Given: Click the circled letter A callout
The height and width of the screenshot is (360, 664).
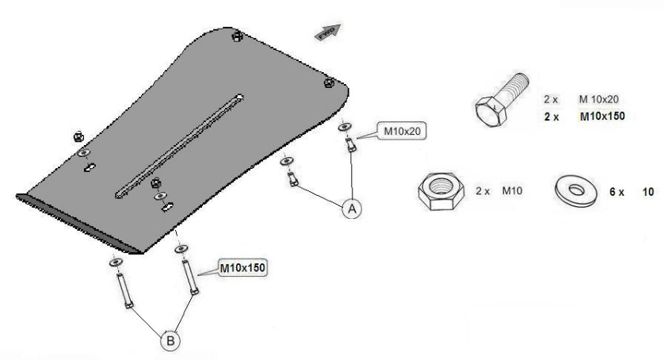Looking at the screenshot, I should coord(350,209).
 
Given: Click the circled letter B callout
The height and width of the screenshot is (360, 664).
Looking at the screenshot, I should coord(171,341).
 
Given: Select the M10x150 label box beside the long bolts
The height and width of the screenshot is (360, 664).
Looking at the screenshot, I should coord(242,267).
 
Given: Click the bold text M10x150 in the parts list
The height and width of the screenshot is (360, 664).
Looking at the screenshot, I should coord(598,116).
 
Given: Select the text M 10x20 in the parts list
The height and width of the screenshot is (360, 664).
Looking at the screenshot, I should coord(599,99).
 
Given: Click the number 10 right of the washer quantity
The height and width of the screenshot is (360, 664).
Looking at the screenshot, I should coord(647,193).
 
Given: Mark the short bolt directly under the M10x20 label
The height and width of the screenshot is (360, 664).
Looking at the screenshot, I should coord(349,146).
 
